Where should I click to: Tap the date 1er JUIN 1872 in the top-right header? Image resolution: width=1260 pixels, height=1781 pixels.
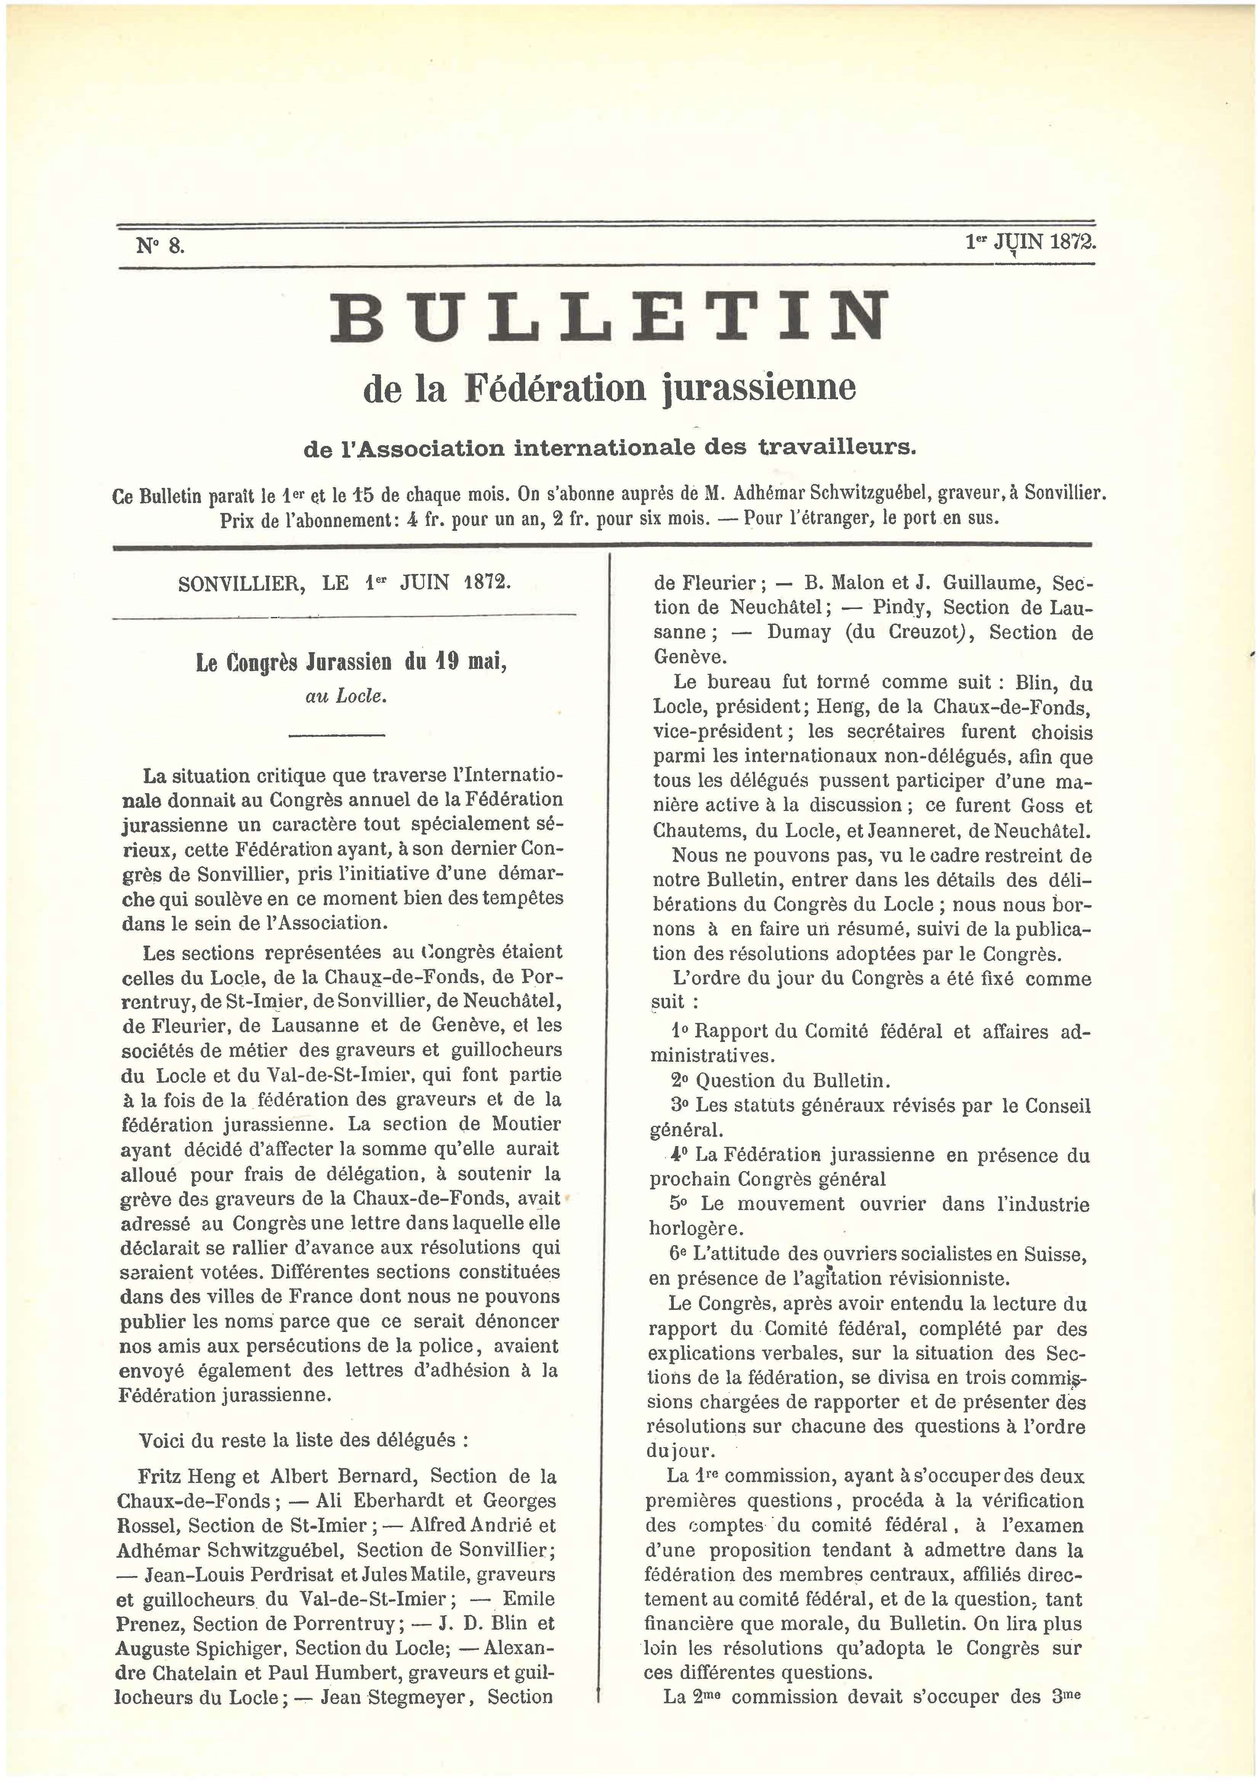(1030, 242)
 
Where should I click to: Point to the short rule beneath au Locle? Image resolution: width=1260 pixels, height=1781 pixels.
(337, 734)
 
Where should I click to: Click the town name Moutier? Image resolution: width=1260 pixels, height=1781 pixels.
(526, 1124)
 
